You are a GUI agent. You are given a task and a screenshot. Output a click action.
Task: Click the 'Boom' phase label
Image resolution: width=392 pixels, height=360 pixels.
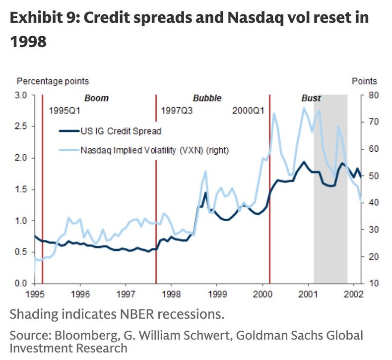pyautogui.click(x=96, y=98)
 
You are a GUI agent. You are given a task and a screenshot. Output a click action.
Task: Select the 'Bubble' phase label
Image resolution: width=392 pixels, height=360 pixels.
pyautogui.click(x=207, y=98)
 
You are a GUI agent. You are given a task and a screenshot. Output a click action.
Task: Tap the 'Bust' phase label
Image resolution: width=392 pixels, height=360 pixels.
pyautogui.click(x=311, y=98)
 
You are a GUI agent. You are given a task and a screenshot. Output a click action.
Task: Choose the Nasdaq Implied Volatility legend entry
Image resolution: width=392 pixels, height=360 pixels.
pyautogui.click(x=154, y=149)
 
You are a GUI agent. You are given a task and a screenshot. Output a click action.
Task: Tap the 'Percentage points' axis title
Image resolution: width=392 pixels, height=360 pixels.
pyautogui.click(x=53, y=81)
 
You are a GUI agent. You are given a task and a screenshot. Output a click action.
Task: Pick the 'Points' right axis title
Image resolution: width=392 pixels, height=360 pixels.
pyautogui.click(x=364, y=81)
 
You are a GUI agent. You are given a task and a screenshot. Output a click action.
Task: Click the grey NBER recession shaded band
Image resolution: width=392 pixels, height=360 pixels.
pyautogui.click(x=330, y=208)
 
